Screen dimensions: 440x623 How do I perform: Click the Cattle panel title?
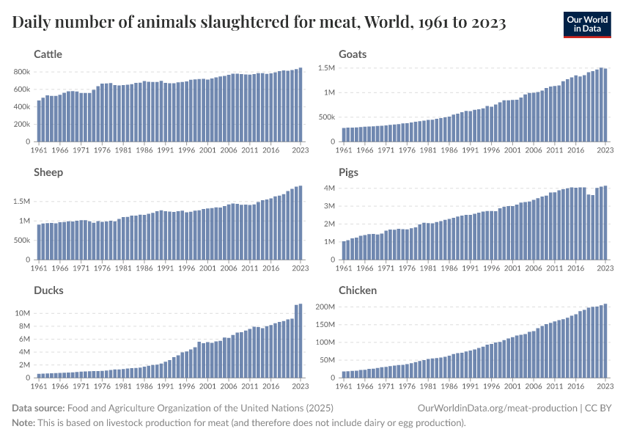tap(48, 54)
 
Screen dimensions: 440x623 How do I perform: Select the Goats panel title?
tap(353, 54)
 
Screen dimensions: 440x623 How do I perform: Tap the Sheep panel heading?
tap(48, 172)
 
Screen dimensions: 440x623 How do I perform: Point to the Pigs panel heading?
tap(350, 172)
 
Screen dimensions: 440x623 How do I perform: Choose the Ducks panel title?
tap(48, 290)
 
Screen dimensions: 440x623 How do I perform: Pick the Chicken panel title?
tap(358, 290)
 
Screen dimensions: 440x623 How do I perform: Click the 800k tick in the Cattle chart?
tap(21, 72)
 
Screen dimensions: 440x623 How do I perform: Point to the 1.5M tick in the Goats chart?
tap(326, 67)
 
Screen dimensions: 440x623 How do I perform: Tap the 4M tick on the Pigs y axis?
tap(329, 188)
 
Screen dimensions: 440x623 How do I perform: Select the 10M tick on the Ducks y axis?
tap(22, 313)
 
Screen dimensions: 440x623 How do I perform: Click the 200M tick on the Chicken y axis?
tap(324, 307)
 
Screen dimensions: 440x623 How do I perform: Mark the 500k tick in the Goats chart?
tap(326, 117)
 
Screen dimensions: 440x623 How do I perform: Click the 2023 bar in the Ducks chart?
tap(301, 341)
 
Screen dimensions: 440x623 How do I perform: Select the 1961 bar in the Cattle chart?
tap(39, 121)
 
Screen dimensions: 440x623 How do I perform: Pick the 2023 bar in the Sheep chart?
tap(301, 223)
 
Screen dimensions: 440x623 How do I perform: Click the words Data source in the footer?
tap(38, 408)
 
